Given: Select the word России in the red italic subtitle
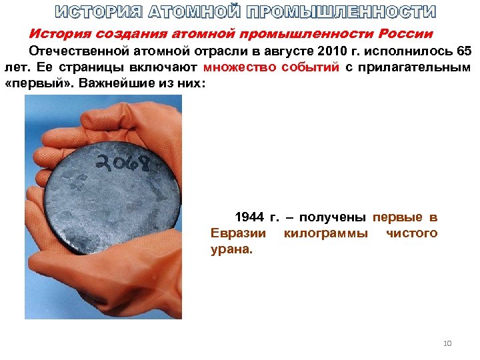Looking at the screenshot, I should pos(404,33).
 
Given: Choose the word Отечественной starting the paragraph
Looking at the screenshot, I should pos(75,51).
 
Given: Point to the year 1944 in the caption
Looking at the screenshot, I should pos(249,217).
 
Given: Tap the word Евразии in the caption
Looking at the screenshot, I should pos(238,233).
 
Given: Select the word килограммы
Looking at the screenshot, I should pos(325,233).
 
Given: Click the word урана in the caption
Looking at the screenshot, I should pos(230,250).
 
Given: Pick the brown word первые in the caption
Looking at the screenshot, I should pos(397,217).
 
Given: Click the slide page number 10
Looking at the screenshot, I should pos(447,343).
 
